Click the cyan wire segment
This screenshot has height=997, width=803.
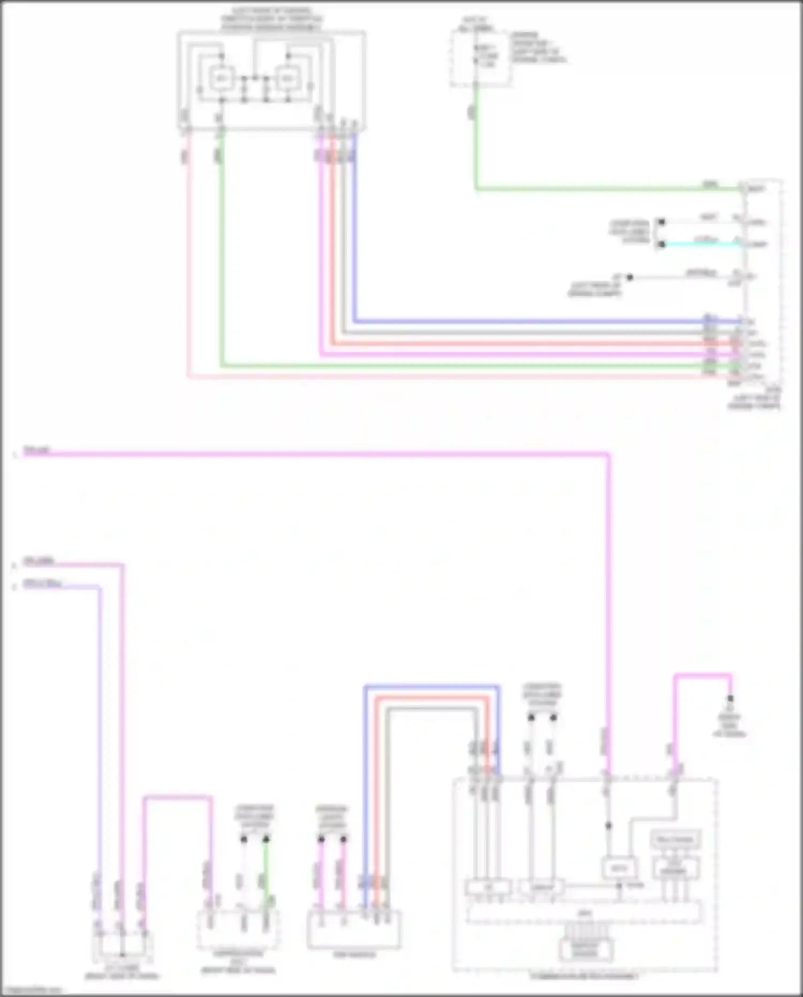[x=701, y=244]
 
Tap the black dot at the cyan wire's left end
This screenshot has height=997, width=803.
[x=662, y=244]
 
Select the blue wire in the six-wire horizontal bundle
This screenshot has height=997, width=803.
[x=535, y=321]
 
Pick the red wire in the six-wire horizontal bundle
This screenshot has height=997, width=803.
[x=535, y=343]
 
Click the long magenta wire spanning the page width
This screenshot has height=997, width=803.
[x=321, y=454]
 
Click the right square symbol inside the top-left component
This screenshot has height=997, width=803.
[x=288, y=79]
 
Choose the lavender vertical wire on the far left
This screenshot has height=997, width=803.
[x=100, y=723]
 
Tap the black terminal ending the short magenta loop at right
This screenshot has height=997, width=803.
[x=730, y=699]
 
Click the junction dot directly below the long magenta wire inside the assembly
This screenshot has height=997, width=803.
[x=608, y=826]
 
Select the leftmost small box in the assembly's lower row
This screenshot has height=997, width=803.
[x=487, y=888]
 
